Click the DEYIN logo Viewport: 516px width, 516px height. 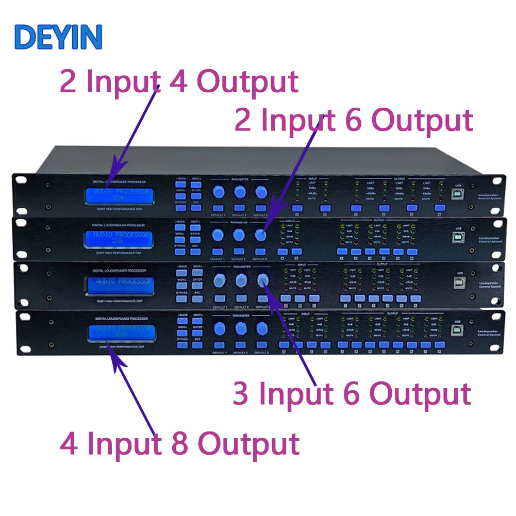(x=58, y=37)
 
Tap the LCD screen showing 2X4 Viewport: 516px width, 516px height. (x=120, y=195)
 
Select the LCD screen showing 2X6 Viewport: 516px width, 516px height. (x=120, y=237)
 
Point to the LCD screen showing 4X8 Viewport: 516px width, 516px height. (x=120, y=332)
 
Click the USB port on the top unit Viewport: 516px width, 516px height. (x=458, y=194)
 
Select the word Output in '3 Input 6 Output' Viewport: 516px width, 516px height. (x=421, y=394)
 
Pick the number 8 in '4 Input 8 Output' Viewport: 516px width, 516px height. (x=179, y=444)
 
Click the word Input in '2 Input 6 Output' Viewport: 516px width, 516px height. (x=298, y=121)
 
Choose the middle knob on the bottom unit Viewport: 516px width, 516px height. (x=241, y=328)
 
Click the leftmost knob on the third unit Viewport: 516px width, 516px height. (x=219, y=280)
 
